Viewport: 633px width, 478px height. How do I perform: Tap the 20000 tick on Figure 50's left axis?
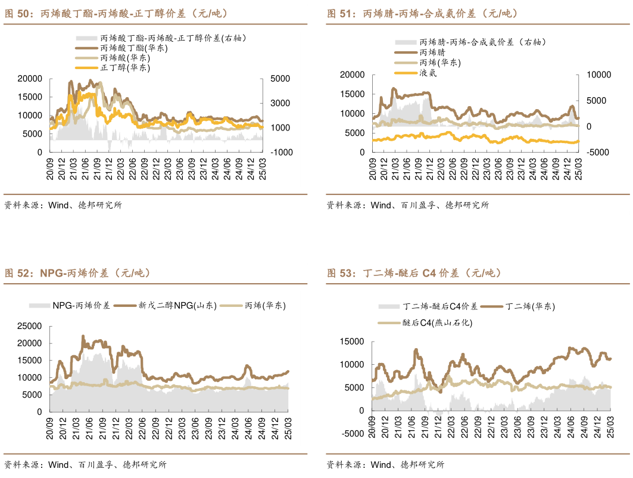point(29,79)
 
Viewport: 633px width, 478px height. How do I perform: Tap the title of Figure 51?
point(422,13)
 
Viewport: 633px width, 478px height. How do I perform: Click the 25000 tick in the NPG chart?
point(29,326)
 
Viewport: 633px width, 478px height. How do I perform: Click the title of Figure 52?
point(77,273)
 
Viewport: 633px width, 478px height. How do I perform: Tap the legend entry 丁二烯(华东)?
point(530,306)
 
